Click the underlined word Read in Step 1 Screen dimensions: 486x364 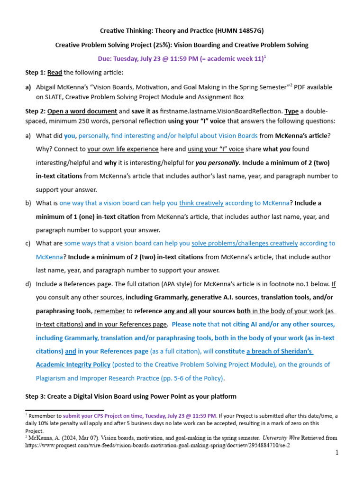coord(55,73)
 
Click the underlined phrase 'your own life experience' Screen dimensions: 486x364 coord(123,149)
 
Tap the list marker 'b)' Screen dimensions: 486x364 coord(28,203)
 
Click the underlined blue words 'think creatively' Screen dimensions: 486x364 coord(201,203)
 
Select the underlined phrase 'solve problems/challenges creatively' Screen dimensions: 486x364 coord(245,243)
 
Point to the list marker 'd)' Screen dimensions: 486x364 coord(28,284)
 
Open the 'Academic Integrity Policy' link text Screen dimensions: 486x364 coord(73,365)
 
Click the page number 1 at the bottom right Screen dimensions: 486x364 coord(337,453)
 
